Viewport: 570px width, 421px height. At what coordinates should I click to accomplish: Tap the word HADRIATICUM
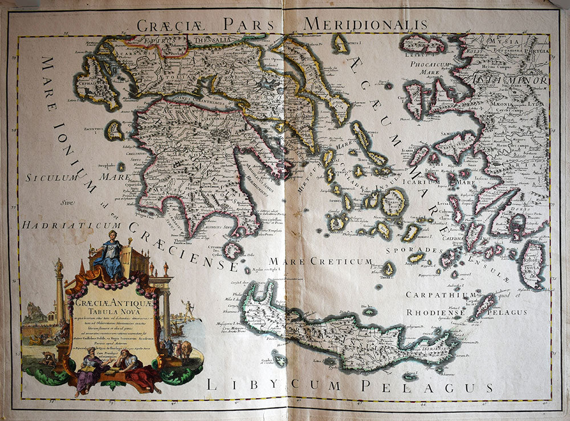pos(74,225)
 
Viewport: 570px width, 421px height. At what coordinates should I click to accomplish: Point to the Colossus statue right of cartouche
pos(187,309)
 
